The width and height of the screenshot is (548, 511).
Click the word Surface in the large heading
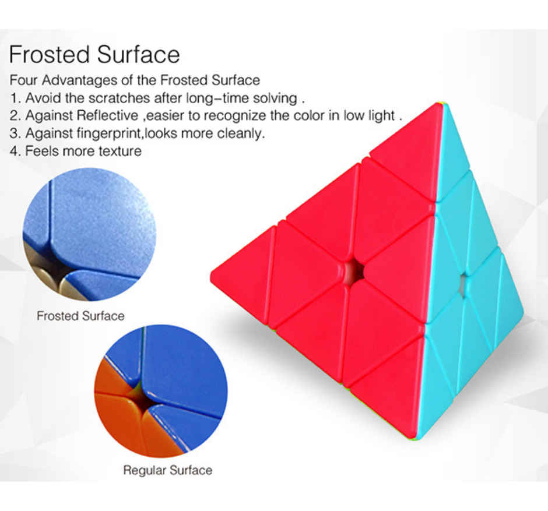139,55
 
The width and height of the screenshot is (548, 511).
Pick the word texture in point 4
120,151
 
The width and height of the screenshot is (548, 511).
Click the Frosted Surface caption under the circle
80,316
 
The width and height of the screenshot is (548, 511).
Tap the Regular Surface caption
167,470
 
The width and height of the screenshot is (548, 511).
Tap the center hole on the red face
352,271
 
